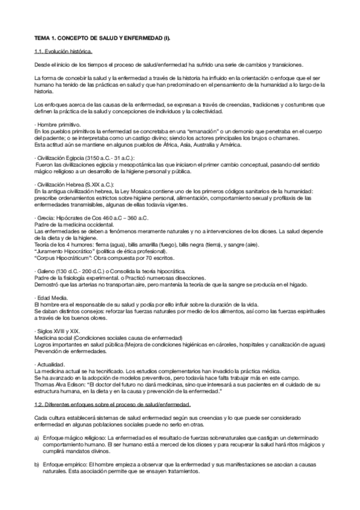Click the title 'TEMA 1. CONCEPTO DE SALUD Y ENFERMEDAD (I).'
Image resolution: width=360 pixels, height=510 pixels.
[x=103, y=38]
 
